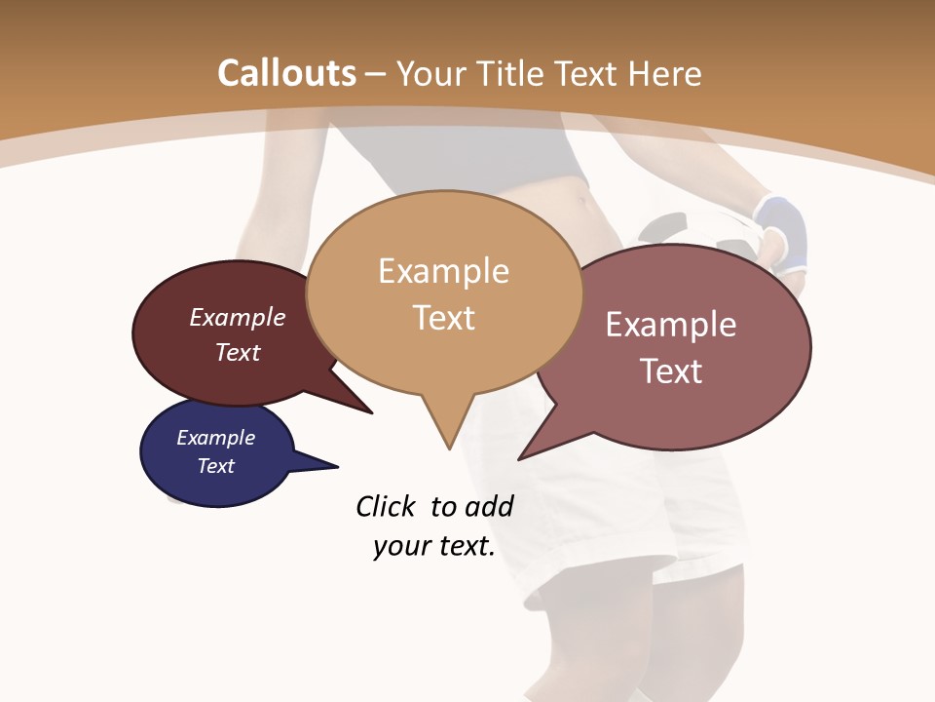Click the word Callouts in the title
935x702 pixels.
286,73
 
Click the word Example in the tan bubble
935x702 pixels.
443,271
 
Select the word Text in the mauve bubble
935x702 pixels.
671,371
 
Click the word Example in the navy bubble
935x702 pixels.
215,438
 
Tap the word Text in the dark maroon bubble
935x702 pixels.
238,352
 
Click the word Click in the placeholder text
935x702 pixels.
386,506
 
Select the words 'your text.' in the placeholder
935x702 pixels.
434,546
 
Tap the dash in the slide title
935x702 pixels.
376,74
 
